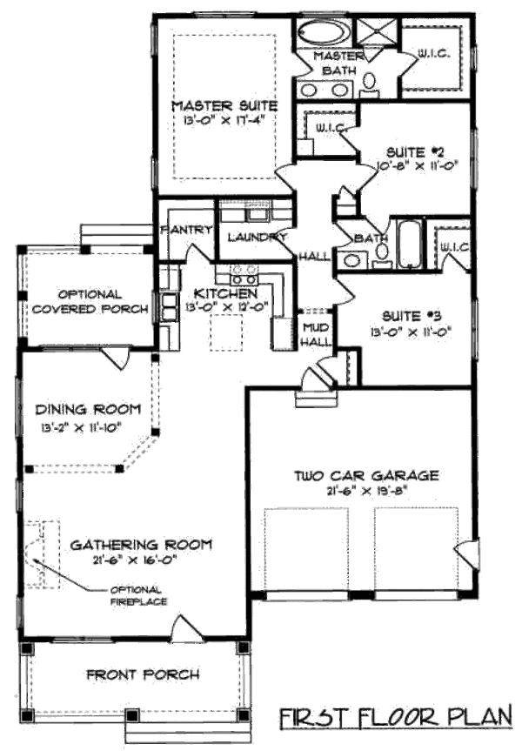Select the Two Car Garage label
pos(365,475)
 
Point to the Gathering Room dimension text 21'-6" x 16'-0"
pos(141,560)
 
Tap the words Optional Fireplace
pos(138,596)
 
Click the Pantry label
pos(186,231)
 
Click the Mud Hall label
pos(314,335)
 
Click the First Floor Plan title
pos(396,719)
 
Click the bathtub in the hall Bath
pos(408,244)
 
